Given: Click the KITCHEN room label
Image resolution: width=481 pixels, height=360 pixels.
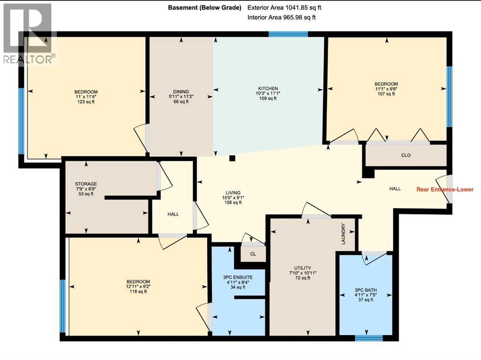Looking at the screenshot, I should tap(268, 88).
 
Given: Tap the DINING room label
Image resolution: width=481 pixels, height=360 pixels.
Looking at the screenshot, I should tap(181, 92).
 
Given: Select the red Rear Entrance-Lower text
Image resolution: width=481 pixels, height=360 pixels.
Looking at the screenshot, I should tap(445, 190).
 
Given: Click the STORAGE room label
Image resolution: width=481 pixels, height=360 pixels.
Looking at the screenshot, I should tap(85, 184).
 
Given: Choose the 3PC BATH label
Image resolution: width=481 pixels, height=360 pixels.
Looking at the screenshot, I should tap(366, 290).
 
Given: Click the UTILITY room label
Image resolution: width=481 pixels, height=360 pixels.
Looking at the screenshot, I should tap(303, 268).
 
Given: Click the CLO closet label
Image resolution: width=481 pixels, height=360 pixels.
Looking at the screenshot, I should tap(406, 156).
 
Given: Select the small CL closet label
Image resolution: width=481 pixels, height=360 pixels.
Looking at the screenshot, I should tap(253, 254).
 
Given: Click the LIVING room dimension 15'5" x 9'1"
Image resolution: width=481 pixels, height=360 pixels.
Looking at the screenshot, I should tap(233, 198).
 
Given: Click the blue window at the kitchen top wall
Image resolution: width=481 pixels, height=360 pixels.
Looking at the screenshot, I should tap(288, 34).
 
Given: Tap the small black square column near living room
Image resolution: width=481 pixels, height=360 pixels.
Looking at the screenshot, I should tap(232, 158).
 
